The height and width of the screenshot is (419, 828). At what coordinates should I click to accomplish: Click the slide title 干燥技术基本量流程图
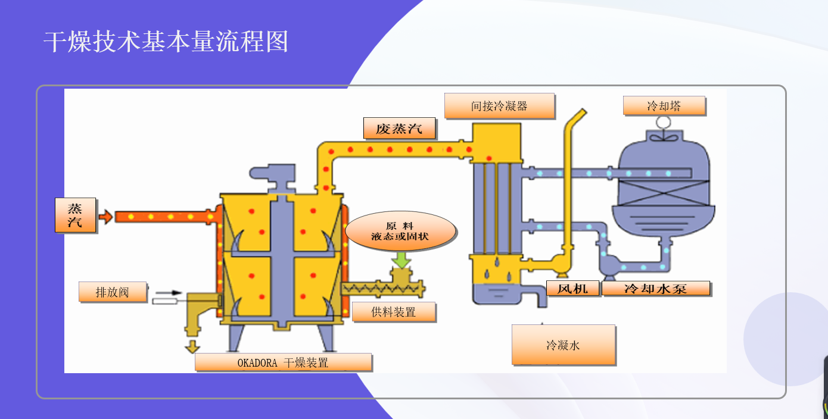166,41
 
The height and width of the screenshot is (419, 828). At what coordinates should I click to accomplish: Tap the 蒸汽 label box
76,215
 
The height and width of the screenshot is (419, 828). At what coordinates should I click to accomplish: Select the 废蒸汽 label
399,129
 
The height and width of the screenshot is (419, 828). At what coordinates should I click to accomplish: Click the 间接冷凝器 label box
499,106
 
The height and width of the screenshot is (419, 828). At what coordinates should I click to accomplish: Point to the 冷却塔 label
664,106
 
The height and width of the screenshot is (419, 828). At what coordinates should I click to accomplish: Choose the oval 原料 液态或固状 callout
400,231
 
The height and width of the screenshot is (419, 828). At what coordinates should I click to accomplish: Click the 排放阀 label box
113,292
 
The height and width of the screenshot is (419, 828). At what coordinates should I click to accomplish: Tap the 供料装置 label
394,312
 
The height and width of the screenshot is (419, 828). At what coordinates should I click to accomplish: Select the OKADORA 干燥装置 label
283,362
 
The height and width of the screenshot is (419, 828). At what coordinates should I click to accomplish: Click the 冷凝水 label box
564,345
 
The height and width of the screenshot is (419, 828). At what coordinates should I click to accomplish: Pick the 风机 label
572,288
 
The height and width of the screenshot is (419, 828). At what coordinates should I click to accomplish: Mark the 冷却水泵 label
656,288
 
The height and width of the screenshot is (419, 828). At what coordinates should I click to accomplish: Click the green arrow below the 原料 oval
401,260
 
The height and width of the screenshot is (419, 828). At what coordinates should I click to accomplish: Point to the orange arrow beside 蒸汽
105,217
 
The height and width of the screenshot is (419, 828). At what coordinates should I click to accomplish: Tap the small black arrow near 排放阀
169,293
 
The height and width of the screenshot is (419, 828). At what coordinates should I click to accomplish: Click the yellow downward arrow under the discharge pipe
192,346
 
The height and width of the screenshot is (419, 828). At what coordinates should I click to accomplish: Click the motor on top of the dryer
273,175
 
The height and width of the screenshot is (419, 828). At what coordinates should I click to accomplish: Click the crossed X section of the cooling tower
664,193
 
